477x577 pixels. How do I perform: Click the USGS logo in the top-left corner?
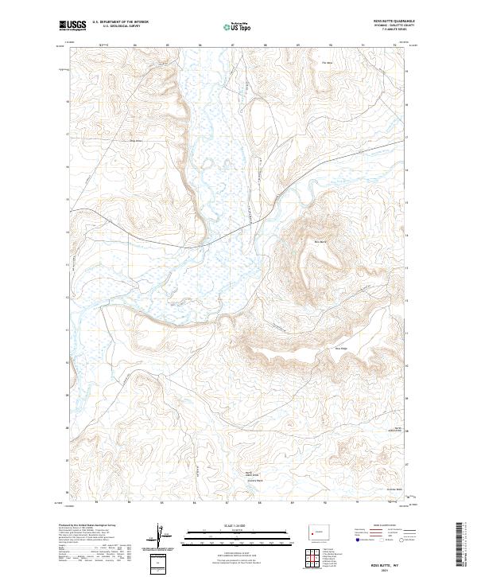[72, 25]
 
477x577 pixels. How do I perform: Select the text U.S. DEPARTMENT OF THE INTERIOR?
[119, 21]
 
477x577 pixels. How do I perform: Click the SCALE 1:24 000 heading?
[229, 526]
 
